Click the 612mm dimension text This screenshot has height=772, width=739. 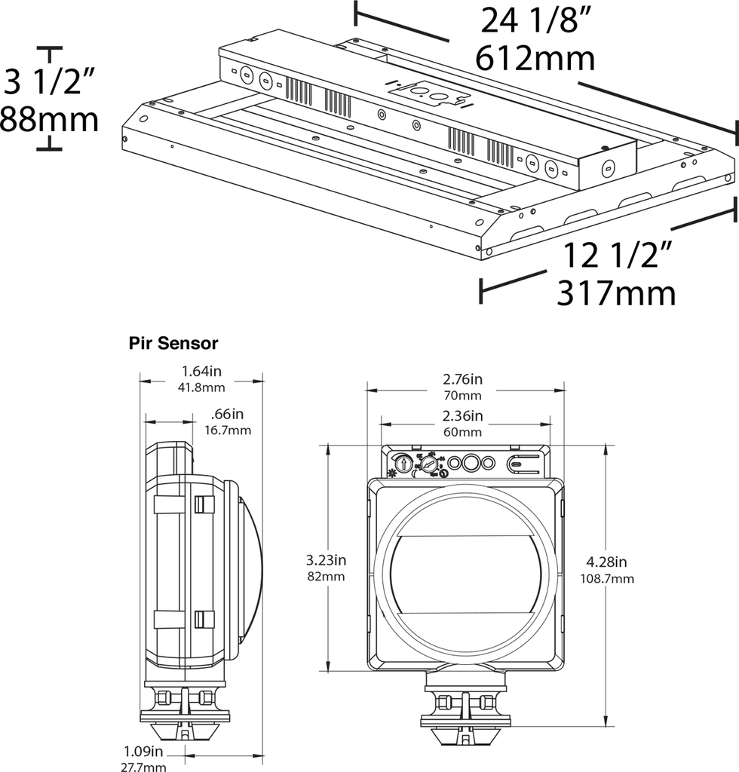click(x=535, y=57)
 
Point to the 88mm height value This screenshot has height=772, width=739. click(x=48, y=119)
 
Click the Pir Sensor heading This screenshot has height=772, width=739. click(x=173, y=344)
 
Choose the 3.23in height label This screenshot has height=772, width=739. click(x=326, y=560)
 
